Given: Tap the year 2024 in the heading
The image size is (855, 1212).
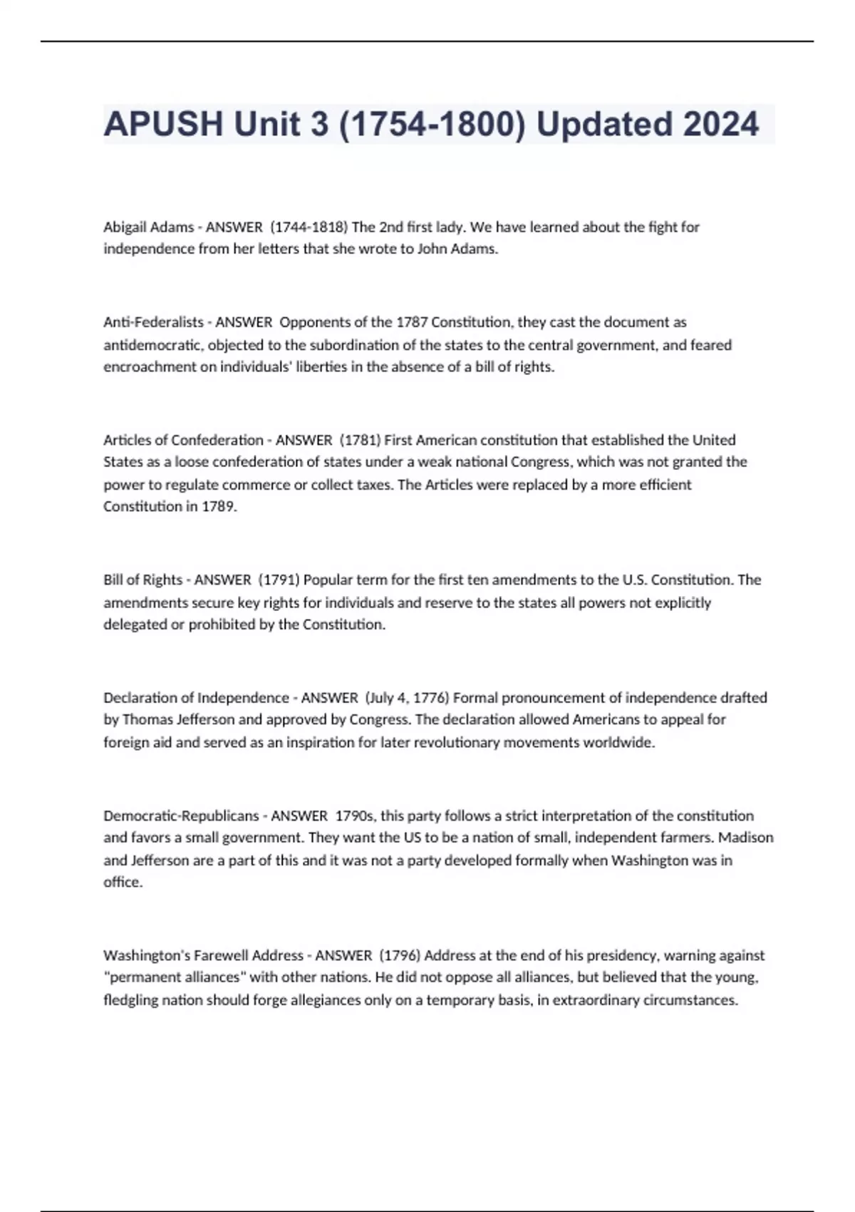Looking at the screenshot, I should [x=720, y=124].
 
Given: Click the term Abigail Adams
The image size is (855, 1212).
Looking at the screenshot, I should [x=148, y=227].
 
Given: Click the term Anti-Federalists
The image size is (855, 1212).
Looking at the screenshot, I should [x=153, y=322].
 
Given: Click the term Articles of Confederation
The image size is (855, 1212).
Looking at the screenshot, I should [x=183, y=440].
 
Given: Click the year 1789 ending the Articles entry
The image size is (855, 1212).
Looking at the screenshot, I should [x=218, y=507].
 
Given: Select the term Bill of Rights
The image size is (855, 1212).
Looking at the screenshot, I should [x=142, y=580].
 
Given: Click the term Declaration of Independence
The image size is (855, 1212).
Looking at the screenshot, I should [x=196, y=698].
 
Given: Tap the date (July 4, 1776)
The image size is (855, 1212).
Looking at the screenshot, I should [x=406, y=698].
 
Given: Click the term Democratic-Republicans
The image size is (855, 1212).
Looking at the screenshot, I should [x=181, y=816].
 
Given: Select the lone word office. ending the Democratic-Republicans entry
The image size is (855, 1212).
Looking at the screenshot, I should [x=123, y=883].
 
